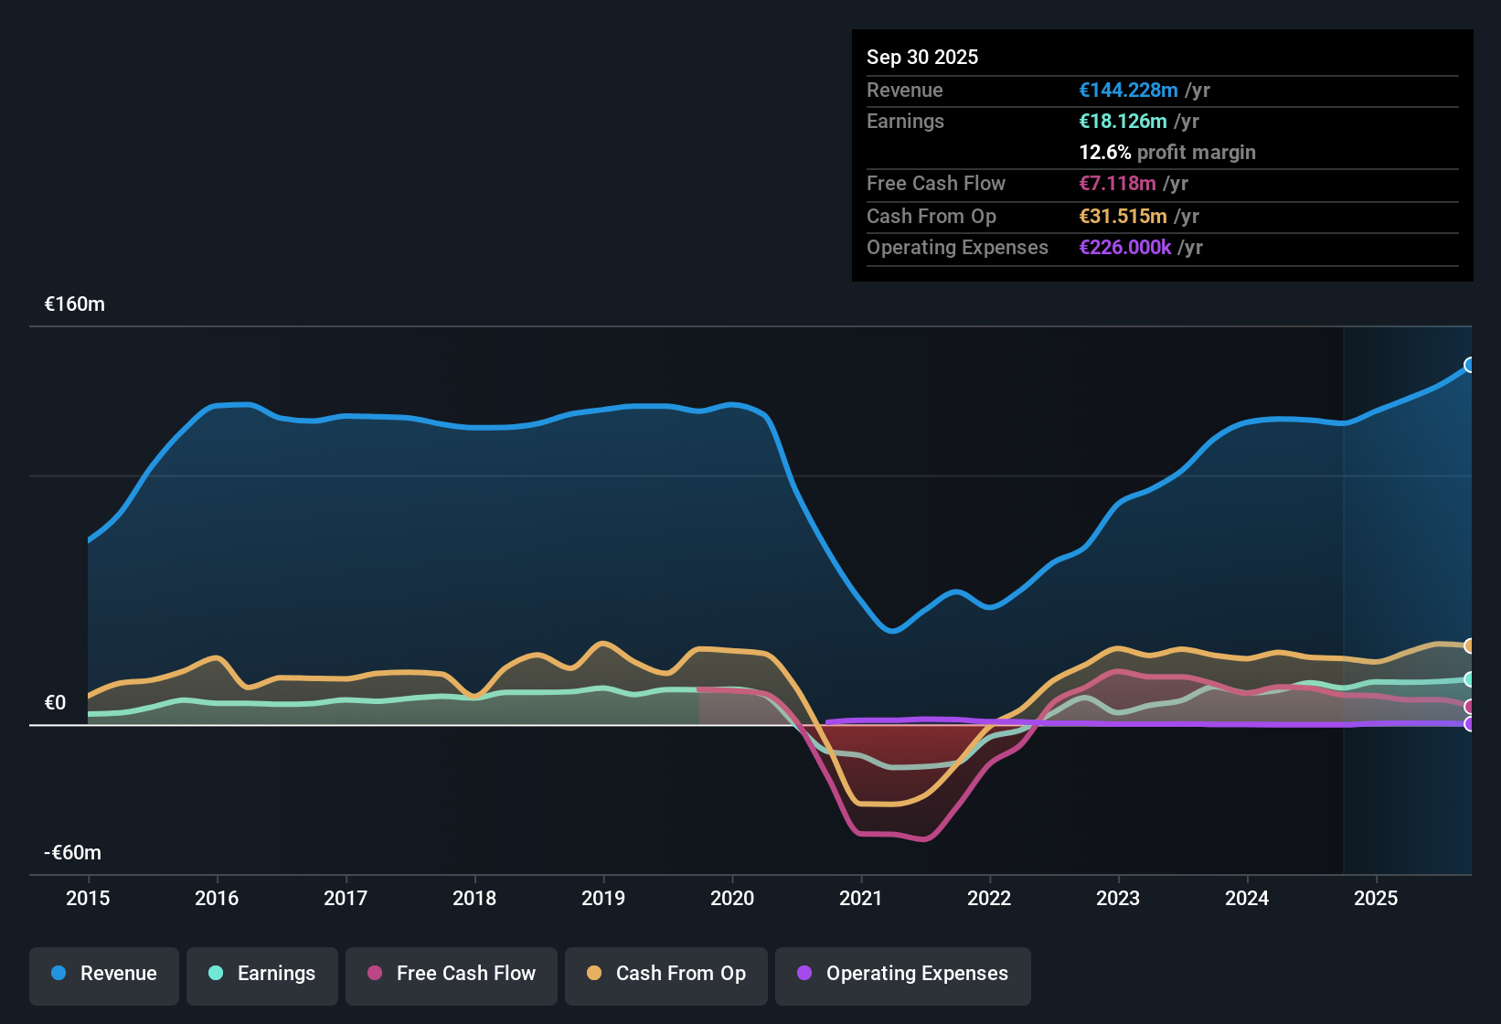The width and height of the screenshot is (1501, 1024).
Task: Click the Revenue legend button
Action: pyautogui.click(x=104, y=974)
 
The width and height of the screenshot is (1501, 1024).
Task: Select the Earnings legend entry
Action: pyautogui.click(x=262, y=974)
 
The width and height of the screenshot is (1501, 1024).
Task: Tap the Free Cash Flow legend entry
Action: pyautogui.click(x=452, y=974)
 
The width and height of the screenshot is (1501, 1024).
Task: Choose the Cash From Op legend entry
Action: pyautogui.click(x=666, y=974)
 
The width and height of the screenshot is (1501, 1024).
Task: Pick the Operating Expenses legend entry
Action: pyautogui.click(x=903, y=974)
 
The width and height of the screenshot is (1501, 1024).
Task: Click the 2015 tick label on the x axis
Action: pyautogui.click(x=88, y=898)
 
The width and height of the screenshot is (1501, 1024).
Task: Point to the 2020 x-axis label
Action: pyautogui.click(x=732, y=898)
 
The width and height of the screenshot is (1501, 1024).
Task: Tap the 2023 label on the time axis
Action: pyautogui.click(x=1118, y=898)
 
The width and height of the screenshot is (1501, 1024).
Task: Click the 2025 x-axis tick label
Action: pyautogui.click(x=1376, y=898)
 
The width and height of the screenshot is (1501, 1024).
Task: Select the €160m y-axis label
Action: pyautogui.click(x=75, y=304)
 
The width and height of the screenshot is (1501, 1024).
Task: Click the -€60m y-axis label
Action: pyautogui.click(x=73, y=853)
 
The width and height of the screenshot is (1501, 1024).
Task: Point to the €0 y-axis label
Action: pyautogui.click(x=55, y=703)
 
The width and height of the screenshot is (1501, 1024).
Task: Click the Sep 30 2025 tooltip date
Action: pyautogui.click(x=922, y=57)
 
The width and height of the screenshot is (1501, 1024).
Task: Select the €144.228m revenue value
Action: pyautogui.click(x=1128, y=90)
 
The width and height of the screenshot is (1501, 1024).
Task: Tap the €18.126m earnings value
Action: pyautogui.click(x=1123, y=121)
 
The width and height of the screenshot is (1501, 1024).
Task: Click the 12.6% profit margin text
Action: pyautogui.click(x=1167, y=152)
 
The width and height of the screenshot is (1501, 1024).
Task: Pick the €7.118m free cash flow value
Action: pyautogui.click(x=1117, y=183)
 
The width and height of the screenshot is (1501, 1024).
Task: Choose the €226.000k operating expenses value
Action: pyautogui.click(x=1124, y=247)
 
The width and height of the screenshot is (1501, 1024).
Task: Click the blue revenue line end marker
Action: pyautogui.click(x=1469, y=365)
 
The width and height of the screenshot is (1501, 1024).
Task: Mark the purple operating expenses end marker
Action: pyautogui.click(x=1469, y=724)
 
